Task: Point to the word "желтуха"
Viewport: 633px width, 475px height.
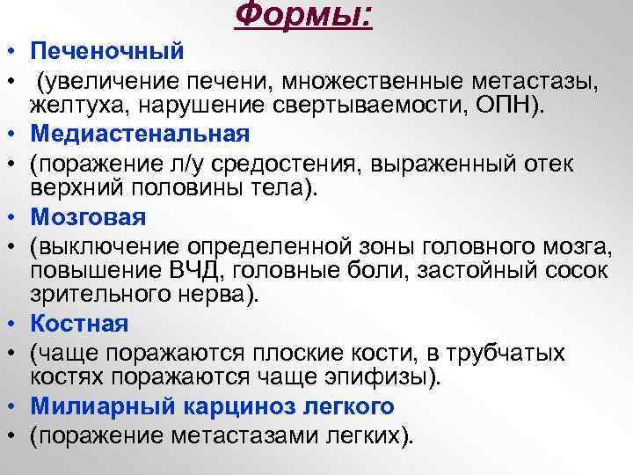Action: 67,106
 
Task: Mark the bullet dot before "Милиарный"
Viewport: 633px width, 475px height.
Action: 7,406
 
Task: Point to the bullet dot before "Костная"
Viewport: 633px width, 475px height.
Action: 7,324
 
